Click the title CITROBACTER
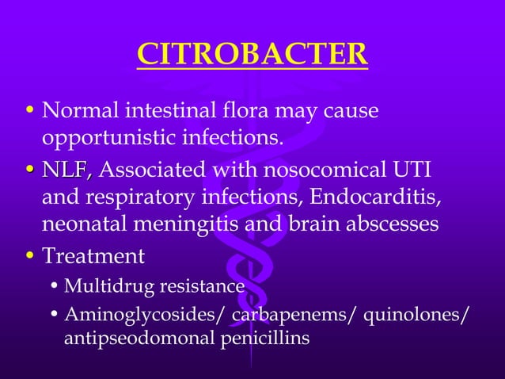[252, 55]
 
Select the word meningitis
[177, 224]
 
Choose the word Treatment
[93, 257]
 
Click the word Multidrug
[101, 285]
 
